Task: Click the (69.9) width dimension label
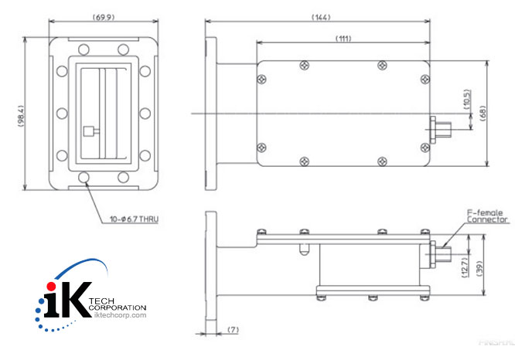(x=104, y=15)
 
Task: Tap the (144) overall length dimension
(x=319, y=15)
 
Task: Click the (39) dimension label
(x=479, y=267)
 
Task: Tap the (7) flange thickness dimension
(x=233, y=330)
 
